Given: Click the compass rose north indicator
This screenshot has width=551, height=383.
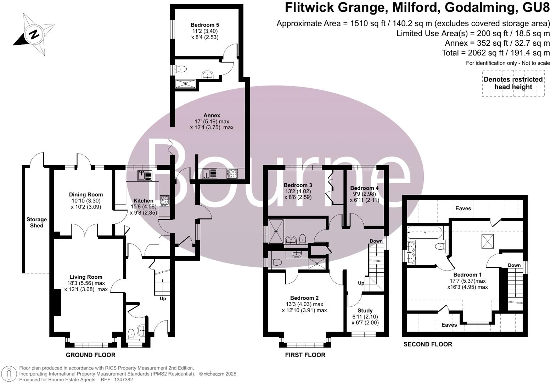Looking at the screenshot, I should point(34,35).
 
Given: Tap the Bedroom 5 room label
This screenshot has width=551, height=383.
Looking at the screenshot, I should point(204,25).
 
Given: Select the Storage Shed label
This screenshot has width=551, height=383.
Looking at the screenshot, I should point(36,222).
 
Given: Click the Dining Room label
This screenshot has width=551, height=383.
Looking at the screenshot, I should point(86,194).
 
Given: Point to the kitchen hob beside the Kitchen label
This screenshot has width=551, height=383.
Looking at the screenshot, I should point(165,201).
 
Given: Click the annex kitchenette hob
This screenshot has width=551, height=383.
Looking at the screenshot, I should point(232,174).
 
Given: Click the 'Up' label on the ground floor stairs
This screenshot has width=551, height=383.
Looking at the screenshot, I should point(163,299).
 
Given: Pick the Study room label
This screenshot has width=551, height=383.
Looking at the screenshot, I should point(365,310).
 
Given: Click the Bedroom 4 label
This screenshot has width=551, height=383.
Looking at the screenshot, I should point(364,188).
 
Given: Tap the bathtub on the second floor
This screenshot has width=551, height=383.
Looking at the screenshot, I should point(425,233).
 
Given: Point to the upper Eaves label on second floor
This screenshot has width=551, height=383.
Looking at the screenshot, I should point(463,208).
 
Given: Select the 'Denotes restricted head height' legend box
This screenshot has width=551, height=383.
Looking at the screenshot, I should point(513,83).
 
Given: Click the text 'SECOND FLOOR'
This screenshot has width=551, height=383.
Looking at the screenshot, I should point(428,344).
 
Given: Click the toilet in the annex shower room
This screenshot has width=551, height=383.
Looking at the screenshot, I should point(181,70).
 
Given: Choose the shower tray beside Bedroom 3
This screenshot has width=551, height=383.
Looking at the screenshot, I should point(276,231).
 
